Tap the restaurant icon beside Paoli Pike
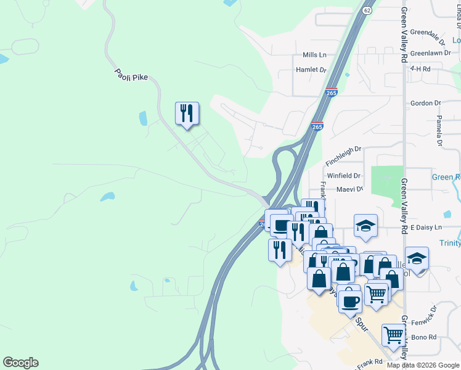tap(187, 113)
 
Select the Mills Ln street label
tap(314, 55)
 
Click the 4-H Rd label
tap(420, 69)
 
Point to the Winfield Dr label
tap(344, 176)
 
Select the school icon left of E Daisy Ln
tap(365, 226)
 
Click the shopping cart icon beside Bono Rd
tap(393, 335)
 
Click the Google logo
tap(20, 363)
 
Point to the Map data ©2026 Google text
tap(422, 365)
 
